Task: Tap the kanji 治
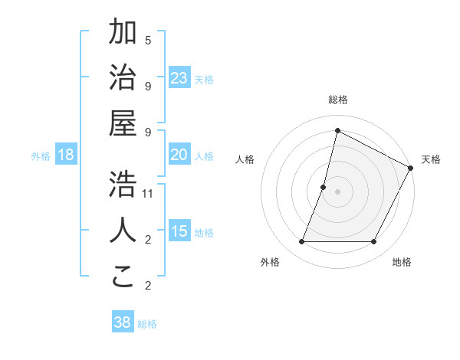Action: [123, 78]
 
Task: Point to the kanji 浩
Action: [123, 184]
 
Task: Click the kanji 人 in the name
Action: [123, 231]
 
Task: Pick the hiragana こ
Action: [123, 277]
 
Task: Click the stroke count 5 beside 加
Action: [148, 40]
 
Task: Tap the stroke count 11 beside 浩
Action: [148, 193]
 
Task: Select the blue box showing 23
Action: [179, 77]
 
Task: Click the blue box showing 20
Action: [179, 155]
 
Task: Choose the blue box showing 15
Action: [179, 231]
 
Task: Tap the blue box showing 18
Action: [66, 155]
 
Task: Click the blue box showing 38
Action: [122, 322]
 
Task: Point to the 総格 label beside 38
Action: [147, 324]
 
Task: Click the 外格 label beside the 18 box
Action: [41, 156]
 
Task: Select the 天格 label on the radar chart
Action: [431, 159]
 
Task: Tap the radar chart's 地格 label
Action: [402, 262]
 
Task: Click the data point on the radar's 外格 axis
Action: [301, 242]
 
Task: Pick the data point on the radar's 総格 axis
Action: [337, 130]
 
